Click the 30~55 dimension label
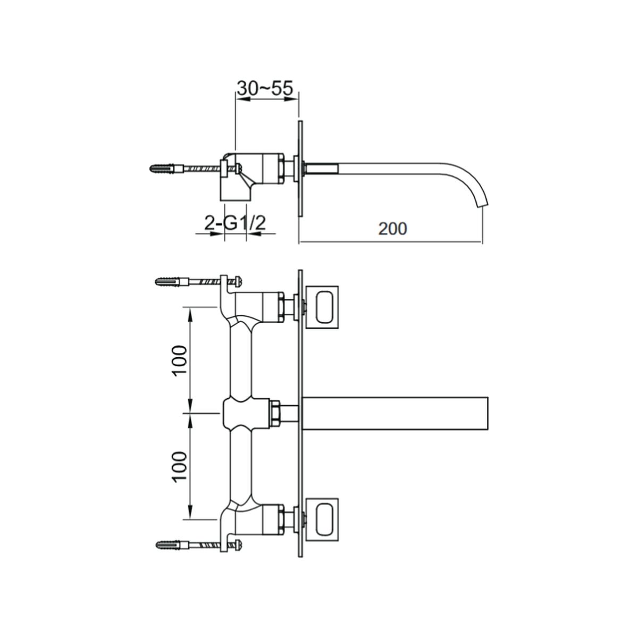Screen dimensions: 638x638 265,88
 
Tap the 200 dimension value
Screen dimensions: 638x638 393,229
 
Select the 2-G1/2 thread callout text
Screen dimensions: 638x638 235,223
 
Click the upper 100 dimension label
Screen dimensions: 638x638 179,360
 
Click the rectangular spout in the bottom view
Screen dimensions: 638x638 396,414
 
